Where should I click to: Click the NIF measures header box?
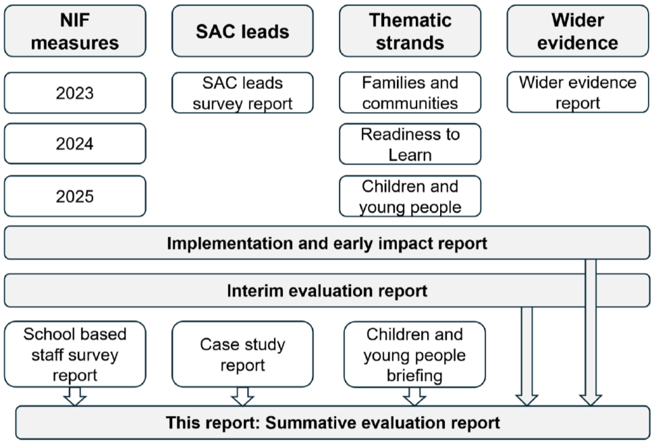click(x=74, y=31)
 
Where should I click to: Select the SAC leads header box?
click(x=242, y=31)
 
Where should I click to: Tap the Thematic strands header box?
click(x=410, y=31)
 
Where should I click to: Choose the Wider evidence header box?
click(x=578, y=31)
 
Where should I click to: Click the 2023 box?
click(x=74, y=92)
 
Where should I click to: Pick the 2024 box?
click(x=74, y=144)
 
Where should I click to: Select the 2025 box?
click(x=74, y=196)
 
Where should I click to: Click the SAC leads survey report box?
click(x=242, y=93)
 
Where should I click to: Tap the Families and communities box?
click(x=410, y=93)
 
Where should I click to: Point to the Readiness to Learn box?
click(x=410, y=144)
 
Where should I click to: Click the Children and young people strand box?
click(x=410, y=196)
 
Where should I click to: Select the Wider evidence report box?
click(x=578, y=93)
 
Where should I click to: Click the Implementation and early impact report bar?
click(x=327, y=243)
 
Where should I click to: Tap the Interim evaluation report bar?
click(x=327, y=291)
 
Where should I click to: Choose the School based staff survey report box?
click(x=74, y=354)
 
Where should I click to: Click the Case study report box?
click(x=242, y=354)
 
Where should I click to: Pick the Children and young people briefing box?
click(x=414, y=354)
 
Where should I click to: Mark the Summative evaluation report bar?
click(x=333, y=423)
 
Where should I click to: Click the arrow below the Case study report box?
click(x=242, y=396)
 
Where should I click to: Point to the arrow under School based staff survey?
click(x=75, y=396)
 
